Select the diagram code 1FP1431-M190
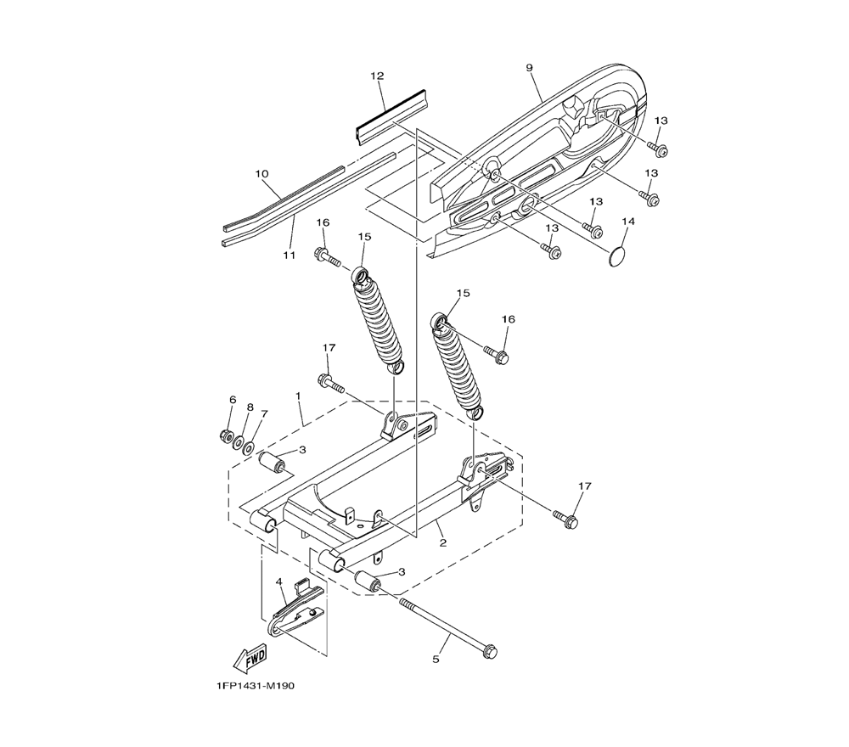coord(255,686)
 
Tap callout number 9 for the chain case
coord(529,68)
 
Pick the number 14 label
coord(628,222)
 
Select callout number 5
coord(436,660)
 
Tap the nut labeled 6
coord(227,435)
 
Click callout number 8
coord(250,407)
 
